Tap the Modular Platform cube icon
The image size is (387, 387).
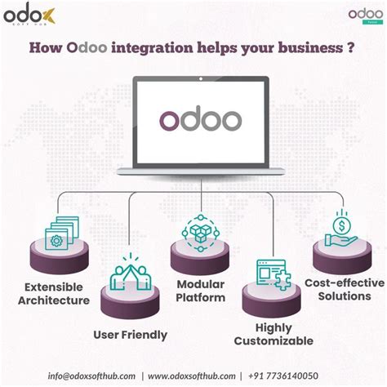[x=198, y=232]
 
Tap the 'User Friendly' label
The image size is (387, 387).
[x=131, y=334]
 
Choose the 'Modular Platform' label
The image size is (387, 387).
[x=199, y=291]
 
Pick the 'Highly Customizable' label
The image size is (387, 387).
[x=273, y=332]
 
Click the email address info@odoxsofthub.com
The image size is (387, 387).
[x=93, y=376]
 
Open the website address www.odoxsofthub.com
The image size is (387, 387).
[x=194, y=376]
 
